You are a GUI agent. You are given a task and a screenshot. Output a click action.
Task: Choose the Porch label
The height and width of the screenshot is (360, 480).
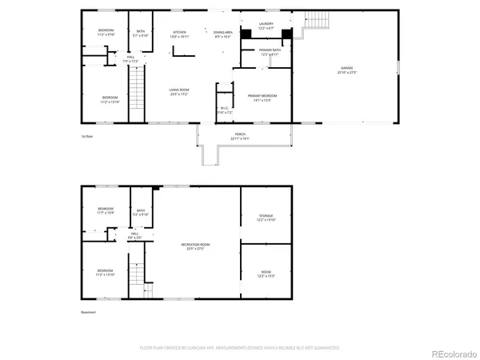[240, 136]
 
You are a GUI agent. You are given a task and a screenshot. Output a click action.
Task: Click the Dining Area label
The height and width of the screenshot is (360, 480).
[222, 34]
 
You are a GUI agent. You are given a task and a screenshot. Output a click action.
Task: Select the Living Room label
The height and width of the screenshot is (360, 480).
[178, 92]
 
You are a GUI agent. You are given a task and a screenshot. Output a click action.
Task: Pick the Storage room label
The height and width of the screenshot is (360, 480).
[266, 218]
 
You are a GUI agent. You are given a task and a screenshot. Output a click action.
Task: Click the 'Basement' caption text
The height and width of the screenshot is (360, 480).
[90, 312]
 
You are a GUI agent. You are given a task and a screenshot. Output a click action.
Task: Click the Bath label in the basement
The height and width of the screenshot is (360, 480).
[141, 213]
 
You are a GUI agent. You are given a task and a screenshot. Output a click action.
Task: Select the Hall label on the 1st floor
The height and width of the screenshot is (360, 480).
[131, 59]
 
